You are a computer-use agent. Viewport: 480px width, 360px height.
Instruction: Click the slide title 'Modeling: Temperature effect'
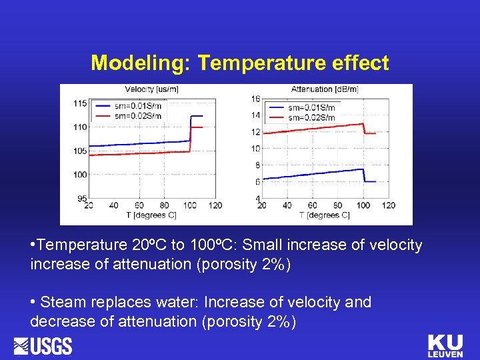[239, 63]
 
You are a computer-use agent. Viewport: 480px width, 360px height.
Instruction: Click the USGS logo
[43, 346]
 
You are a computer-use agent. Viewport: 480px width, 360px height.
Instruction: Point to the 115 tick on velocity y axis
[80, 103]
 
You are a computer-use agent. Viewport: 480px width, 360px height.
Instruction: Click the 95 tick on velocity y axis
[81, 198]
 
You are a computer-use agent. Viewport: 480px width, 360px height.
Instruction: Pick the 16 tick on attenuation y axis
[255, 99]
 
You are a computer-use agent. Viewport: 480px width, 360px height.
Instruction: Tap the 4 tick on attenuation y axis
[257, 198]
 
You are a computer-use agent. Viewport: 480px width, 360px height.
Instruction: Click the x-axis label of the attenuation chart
[324, 215]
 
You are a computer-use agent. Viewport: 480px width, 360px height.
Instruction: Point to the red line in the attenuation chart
[313, 128]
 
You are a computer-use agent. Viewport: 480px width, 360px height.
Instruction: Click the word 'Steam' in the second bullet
[61, 302]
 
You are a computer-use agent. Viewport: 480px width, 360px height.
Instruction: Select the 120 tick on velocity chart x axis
[215, 205]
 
